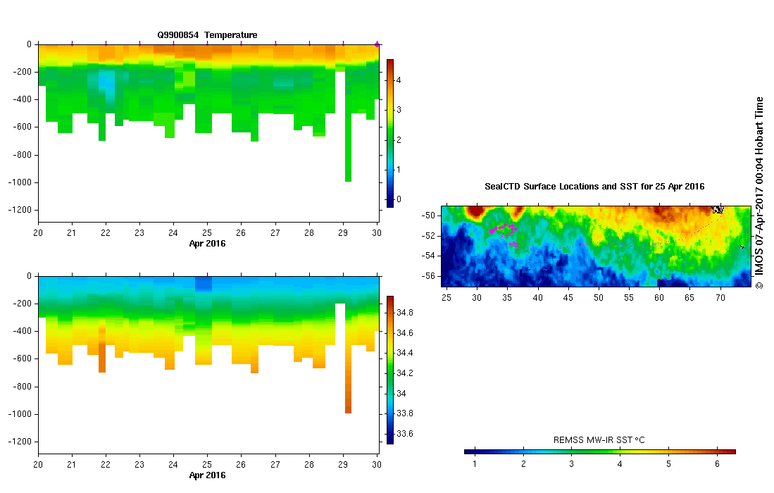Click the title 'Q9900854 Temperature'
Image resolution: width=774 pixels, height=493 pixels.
tap(207, 35)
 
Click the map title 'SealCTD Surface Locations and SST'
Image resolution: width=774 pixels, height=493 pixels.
tap(594, 187)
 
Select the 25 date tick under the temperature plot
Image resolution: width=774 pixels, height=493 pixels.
tap(207, 233)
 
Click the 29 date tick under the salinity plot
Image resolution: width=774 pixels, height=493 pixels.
tap(343, 465)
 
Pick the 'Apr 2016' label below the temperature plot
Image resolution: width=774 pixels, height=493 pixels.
tap(207, 244)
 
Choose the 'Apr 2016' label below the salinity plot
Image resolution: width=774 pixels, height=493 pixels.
tap(207, 475)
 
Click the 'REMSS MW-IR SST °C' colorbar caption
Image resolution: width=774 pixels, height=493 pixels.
tap(599, 440)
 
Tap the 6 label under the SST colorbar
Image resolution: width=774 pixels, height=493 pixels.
tap(716, 463)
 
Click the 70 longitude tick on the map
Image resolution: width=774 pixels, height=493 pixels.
tap(720, 299)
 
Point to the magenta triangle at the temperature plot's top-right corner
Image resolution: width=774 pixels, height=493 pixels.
tap(377, 44)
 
